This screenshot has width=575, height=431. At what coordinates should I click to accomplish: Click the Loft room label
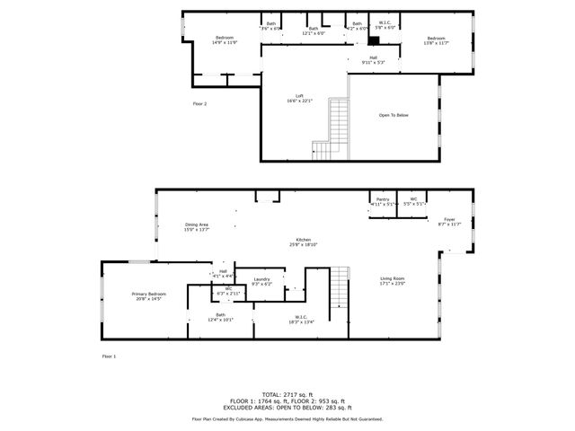[x=300, y=98]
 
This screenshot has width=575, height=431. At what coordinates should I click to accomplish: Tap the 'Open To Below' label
[x=394, y=115]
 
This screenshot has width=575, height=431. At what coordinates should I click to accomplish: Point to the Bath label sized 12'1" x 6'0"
[x=314, y=31]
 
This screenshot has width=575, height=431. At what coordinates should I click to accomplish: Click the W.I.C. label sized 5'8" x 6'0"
[x=384, y=25]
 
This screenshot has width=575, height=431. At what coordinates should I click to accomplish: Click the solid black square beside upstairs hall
[x=373, y=41]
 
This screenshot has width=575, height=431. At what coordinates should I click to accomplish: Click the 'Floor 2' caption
[x=199, y=104]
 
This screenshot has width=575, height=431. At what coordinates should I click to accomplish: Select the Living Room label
[x=393, y=281]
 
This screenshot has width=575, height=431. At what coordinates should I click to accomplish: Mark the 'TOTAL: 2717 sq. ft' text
[x=287, y=394]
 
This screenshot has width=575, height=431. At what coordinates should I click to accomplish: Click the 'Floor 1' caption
[x=109, y=356]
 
